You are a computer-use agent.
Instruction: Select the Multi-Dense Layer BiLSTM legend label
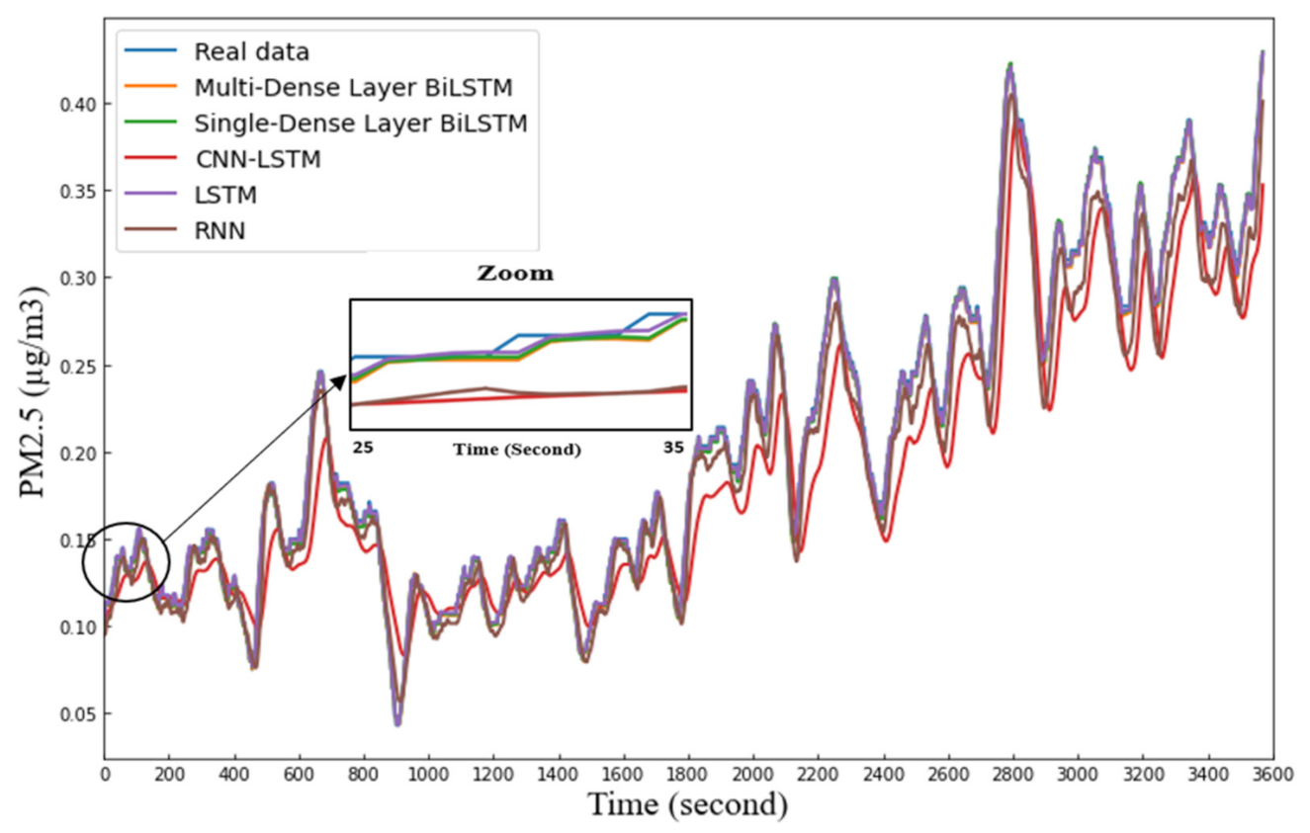point(353,87)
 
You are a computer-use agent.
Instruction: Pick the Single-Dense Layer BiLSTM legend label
point(360,123)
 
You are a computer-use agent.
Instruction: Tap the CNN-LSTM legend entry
point(257,158)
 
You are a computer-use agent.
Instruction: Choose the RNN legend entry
point(219,230)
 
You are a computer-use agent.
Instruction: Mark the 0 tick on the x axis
point(105,776)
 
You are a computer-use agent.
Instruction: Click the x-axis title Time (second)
point(688,805)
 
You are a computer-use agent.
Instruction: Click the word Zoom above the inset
point(516,274)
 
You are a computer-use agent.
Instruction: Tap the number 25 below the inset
point(362,448)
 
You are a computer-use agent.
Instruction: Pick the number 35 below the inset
point(673,448)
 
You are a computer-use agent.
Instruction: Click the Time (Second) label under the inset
point(517,449)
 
